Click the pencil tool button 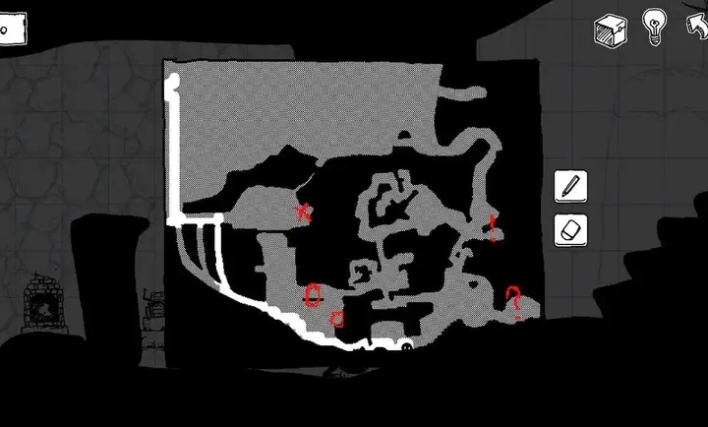click(570, 186)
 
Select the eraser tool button click(570, 230)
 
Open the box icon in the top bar click(610, 29)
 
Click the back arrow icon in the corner click(696, 26)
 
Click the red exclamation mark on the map click(493, 228)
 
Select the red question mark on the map click(512, 298)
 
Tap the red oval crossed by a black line click(313, 293)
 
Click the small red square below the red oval click(337, 318)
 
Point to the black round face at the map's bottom click(406, 343)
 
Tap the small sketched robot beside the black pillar click(154, 313)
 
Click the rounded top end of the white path click(174, 82)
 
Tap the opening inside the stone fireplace click(42, 309)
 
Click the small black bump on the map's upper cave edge click(402, 134)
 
